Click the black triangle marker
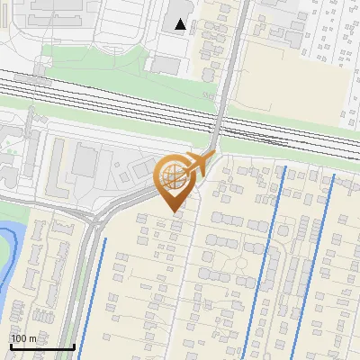point(181,24)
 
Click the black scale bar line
point(42,347)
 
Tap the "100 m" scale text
point(24,338)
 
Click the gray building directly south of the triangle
point(166,64)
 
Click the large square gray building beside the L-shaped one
point(85,161)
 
